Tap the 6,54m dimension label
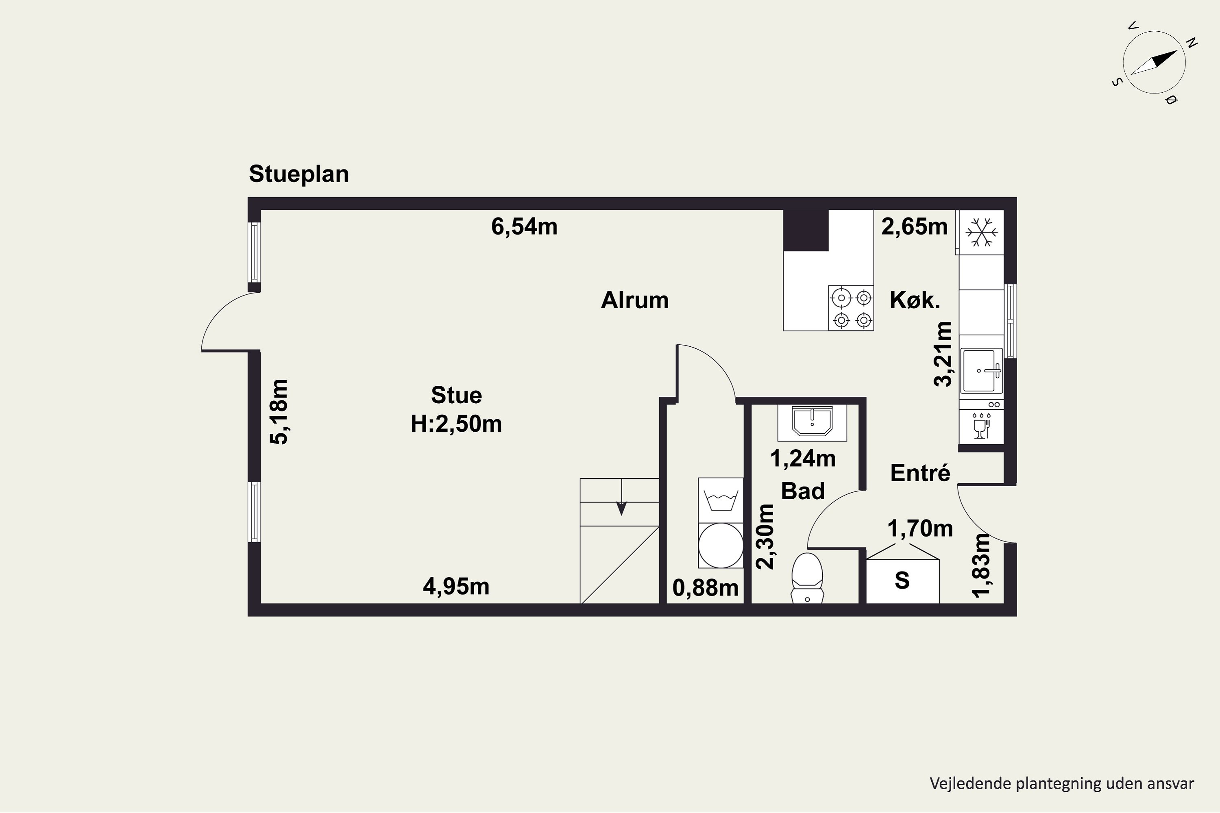(525, 226)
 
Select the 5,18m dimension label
(279, 412)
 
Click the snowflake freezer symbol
(981, 232)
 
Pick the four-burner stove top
(851, 308)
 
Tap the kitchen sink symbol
(981, 371)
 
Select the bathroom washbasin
(812, 421)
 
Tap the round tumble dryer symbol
(721, 546)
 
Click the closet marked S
(902, 580)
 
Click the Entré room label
(920, 473)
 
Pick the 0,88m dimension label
(706, 588)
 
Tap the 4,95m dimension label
(456, 587)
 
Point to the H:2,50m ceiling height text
(456, 424)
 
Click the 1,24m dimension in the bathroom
(803, 459)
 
